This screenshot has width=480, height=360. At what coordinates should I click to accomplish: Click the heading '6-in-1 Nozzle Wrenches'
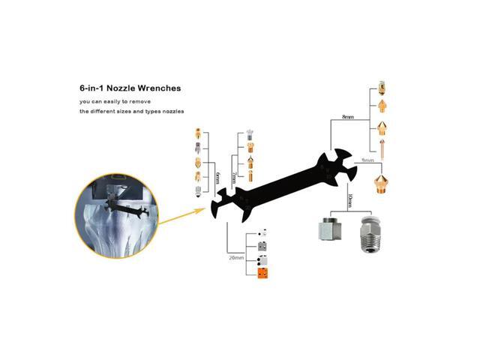(130, 87)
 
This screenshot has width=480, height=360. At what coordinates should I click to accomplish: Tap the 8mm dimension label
(347, 117)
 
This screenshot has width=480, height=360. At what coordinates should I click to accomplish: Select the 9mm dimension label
(367, 160)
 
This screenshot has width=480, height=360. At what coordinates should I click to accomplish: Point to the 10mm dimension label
(349, 201)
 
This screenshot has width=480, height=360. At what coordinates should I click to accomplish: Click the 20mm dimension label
(237, 256)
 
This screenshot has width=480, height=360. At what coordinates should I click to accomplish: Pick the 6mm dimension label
(217, 178)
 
